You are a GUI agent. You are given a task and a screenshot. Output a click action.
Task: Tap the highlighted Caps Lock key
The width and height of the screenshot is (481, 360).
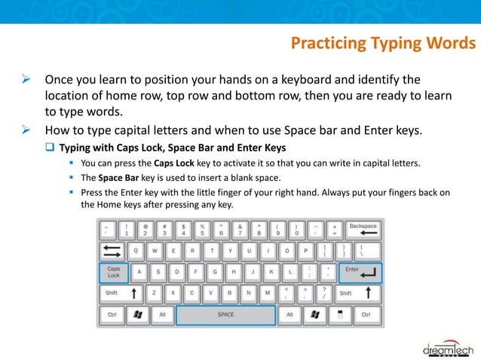pyautogui.click(x=114, y=272)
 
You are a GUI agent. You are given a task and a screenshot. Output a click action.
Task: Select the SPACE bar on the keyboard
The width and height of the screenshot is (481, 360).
pyautogui.click(x=225, y=314)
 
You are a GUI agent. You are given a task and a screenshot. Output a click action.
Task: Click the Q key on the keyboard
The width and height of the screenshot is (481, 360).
pyautogui.click(x=136, y=250)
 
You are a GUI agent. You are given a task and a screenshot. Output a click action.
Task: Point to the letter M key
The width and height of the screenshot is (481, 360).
pyautogui.click(x=268, y=293)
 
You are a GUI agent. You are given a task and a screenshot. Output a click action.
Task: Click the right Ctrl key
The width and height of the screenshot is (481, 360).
pyautogui.click(x=366, y=314)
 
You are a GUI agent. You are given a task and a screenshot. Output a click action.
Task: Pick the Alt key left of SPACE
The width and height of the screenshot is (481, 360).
pyautogui.click(x=161, y=314)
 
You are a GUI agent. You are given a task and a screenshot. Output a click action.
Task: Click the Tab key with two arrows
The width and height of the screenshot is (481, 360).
pyautogui.click(x=112, y=250)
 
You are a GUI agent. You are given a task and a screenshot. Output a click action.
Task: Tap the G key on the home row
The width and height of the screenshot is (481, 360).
pyautogui.click(x=216, y=272)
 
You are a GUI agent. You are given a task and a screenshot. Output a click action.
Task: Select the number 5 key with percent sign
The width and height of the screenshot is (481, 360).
pyautogui.click(x=202, y=229)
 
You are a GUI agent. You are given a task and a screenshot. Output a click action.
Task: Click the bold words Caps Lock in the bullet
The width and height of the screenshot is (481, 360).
pyautogui.click(x=174, y=163)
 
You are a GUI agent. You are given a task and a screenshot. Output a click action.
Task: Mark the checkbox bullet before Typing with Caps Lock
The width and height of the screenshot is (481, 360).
pyautogui.click(x=51, y=147)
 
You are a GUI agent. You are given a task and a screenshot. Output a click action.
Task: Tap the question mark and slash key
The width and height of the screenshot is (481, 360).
pyautogui.click(x=324, y=293)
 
